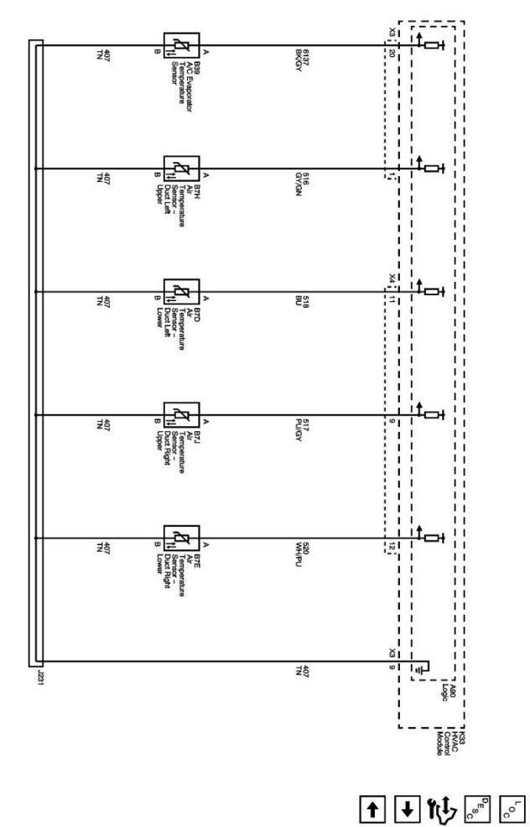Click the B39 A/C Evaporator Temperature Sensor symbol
[181, 46]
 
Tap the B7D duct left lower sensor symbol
[181, 291]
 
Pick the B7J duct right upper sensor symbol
[181, 414]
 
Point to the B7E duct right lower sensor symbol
[181, 537]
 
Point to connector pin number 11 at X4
[392, 299]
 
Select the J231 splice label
[34, 679]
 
